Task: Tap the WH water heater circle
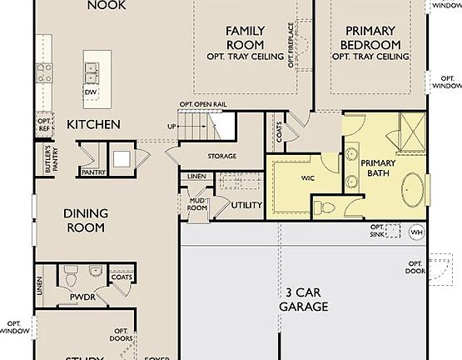point(416,232)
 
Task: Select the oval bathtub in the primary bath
point(411,192)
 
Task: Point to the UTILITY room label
point(247,205)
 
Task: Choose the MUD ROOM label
point(197,203)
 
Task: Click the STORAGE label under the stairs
point(222,156)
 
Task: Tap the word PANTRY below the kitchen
point(92,172)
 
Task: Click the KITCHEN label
point(93,124)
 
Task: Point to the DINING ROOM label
point(85,220)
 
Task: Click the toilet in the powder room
point(71,272)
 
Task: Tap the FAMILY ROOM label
point(246,37)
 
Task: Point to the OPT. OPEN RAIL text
point(203,104)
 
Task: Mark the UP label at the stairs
point(172,126)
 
